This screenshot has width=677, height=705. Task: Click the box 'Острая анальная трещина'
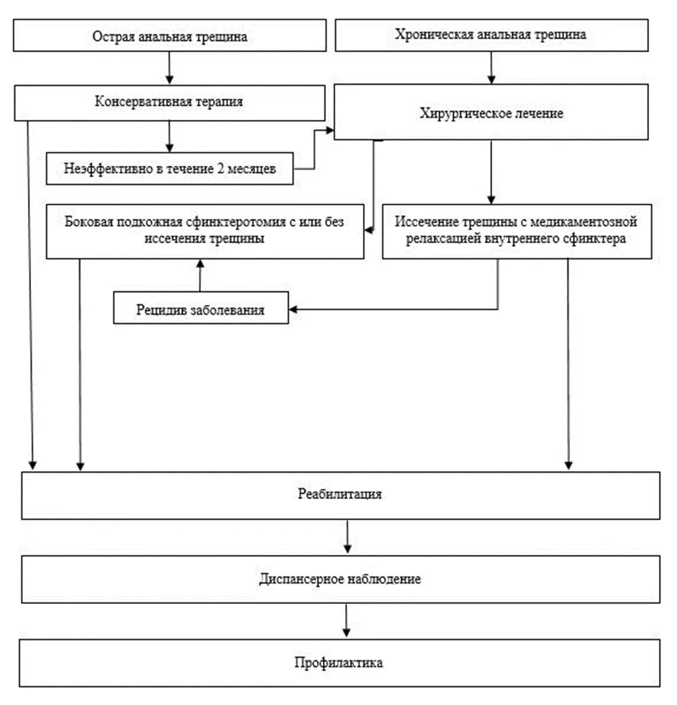tap(170, 35)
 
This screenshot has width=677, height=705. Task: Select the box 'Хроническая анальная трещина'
tap(491, 35)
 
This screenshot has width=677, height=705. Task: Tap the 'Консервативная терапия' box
tap(170, 103)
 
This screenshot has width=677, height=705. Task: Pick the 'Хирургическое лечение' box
tap(491, 112)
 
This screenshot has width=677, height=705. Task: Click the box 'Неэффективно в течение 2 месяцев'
tap(170, 168)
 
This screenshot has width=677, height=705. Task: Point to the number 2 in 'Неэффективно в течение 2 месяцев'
tap(220, 168)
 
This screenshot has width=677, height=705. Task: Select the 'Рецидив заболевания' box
tap(201, 308)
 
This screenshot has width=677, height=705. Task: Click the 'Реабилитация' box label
tap(340, 494)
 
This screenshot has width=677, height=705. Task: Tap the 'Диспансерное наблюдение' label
tap(340, 579)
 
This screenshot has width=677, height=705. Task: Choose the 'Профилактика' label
tap(339, 662)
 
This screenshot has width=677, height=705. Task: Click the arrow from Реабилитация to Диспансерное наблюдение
tap(347, 537)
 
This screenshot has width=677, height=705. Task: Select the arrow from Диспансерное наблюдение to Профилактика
tap(346, 620)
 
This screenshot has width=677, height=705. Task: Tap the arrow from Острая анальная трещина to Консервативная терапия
tap(170, 67)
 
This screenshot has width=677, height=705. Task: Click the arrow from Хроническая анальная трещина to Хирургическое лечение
tap(491, 67)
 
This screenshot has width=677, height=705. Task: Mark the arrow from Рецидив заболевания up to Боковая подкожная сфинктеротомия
tap(201, 276)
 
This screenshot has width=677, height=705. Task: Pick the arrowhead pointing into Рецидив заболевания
tap(293, 309)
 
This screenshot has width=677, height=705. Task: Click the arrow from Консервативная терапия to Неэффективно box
tap(170, 136)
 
